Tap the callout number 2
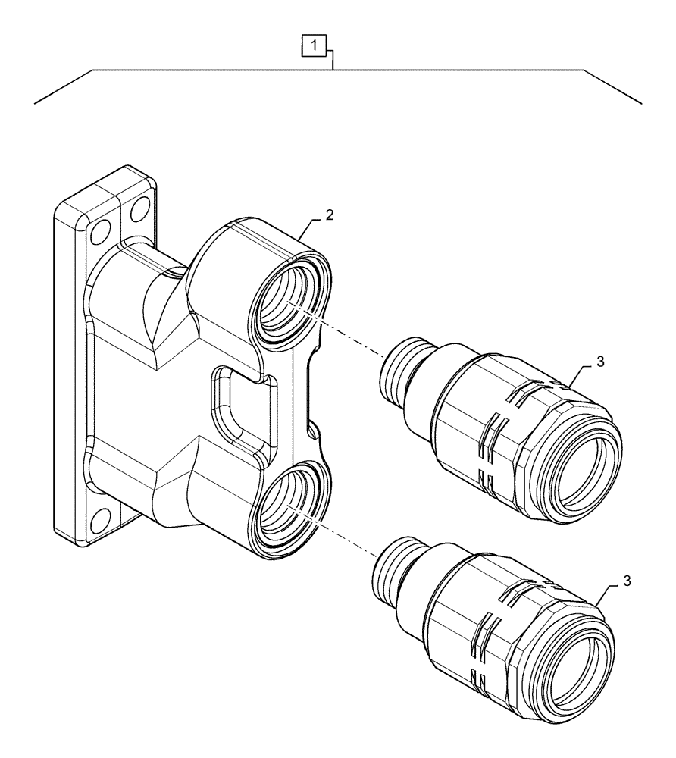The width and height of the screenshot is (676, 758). coord(329,215)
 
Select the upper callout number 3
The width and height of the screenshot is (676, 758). coord(599,362)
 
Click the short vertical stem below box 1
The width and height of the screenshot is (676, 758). coord(333,59)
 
